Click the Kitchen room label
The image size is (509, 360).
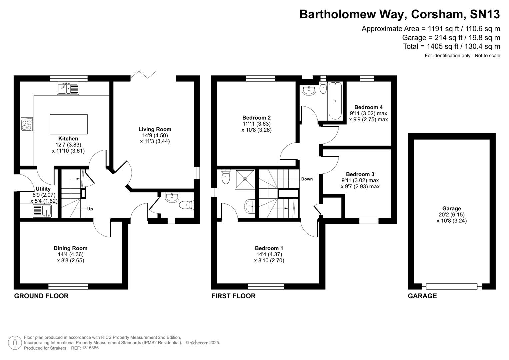tap(68, 139)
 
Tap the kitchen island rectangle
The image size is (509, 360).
tap(69, 124)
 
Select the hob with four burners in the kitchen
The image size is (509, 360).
tap(27, 124)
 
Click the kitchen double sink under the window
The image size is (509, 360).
tap(68, 88)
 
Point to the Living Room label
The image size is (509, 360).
tap(155, 129)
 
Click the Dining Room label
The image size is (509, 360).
tap(70, 248)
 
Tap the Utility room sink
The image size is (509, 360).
tap(42, 211)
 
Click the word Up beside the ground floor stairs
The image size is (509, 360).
tap(90, 209)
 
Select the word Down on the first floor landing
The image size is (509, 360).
tap(307, 179)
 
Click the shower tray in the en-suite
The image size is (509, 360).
tap(245, 179)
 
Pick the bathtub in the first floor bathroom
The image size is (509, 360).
tap(335, 100)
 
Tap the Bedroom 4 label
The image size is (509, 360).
tap(368, 107)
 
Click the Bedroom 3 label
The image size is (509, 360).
tap(360, 174)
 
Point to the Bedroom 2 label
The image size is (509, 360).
tap(256, 118)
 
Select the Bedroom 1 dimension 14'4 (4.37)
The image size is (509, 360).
tap(269, 254)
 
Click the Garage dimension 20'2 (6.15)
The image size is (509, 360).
tap(452, 215)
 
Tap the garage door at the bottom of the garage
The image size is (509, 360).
tap(451, 286)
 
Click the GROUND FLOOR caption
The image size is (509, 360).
tap(41, 296)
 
